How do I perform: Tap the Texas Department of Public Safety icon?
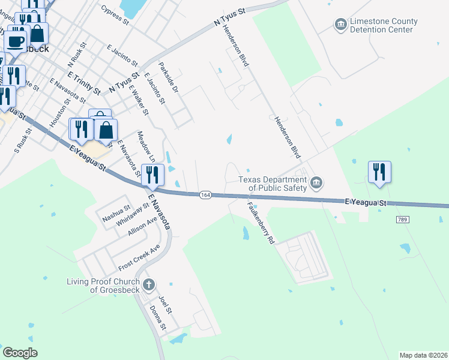click(319, 182)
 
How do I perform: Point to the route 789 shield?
click(402, 220)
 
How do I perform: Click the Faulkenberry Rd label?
click(261, 222)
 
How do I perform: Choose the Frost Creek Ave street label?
click(139, 257)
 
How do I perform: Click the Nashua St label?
click(116, 215)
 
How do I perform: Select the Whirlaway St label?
click(133, 215)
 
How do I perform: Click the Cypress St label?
click(115, 16)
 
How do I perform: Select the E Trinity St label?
click(84, 83)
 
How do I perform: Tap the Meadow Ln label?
click(146, 148)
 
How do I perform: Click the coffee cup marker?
click(16, 41)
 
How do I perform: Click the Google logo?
click(20, 353)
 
